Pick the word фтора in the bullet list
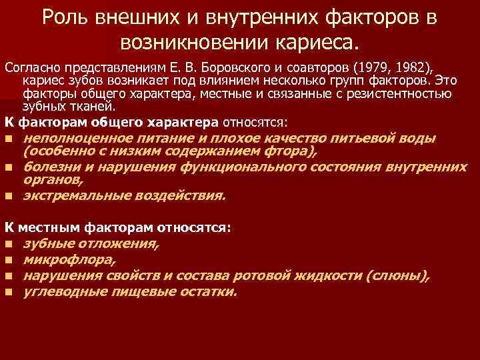point(292,152)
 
